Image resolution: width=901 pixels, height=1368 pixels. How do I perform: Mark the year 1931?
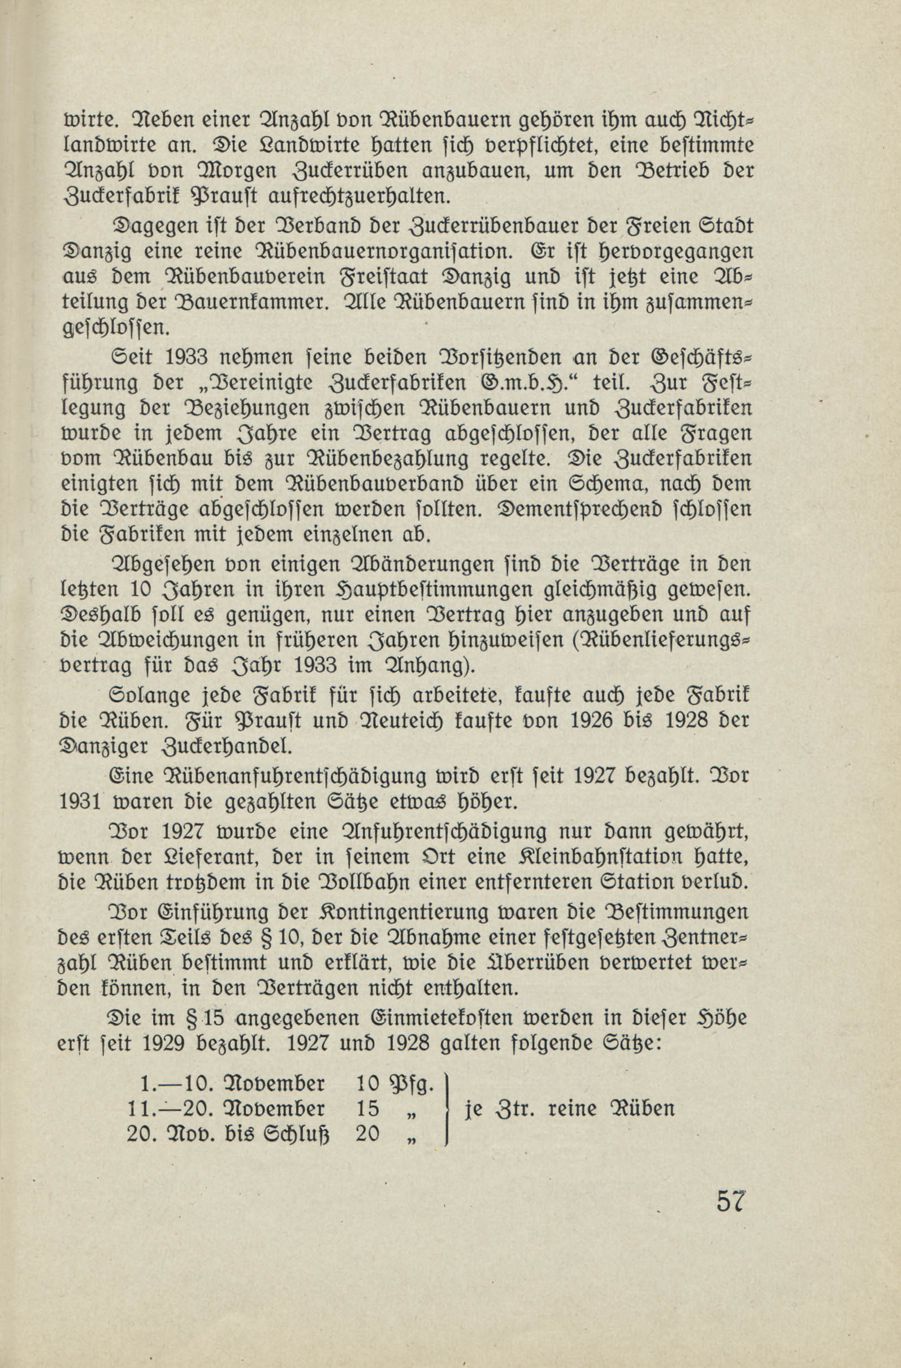click(x=80, y=802)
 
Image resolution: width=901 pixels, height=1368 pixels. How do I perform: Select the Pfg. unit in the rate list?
click(x=411, y=1084)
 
